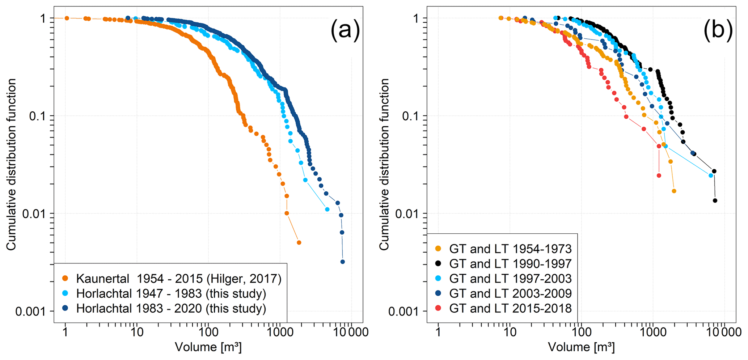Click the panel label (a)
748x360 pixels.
[345, 30]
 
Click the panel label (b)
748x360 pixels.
[718, 30]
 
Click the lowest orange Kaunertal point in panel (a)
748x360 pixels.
[299, 242]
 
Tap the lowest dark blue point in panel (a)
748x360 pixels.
[343, 262]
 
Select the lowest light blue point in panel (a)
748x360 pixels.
[327, 209]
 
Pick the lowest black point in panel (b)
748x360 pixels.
[715, 200]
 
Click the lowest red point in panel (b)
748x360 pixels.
[659, 175]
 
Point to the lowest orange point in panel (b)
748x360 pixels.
[674, 191]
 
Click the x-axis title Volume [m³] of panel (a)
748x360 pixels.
[208, 347]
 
